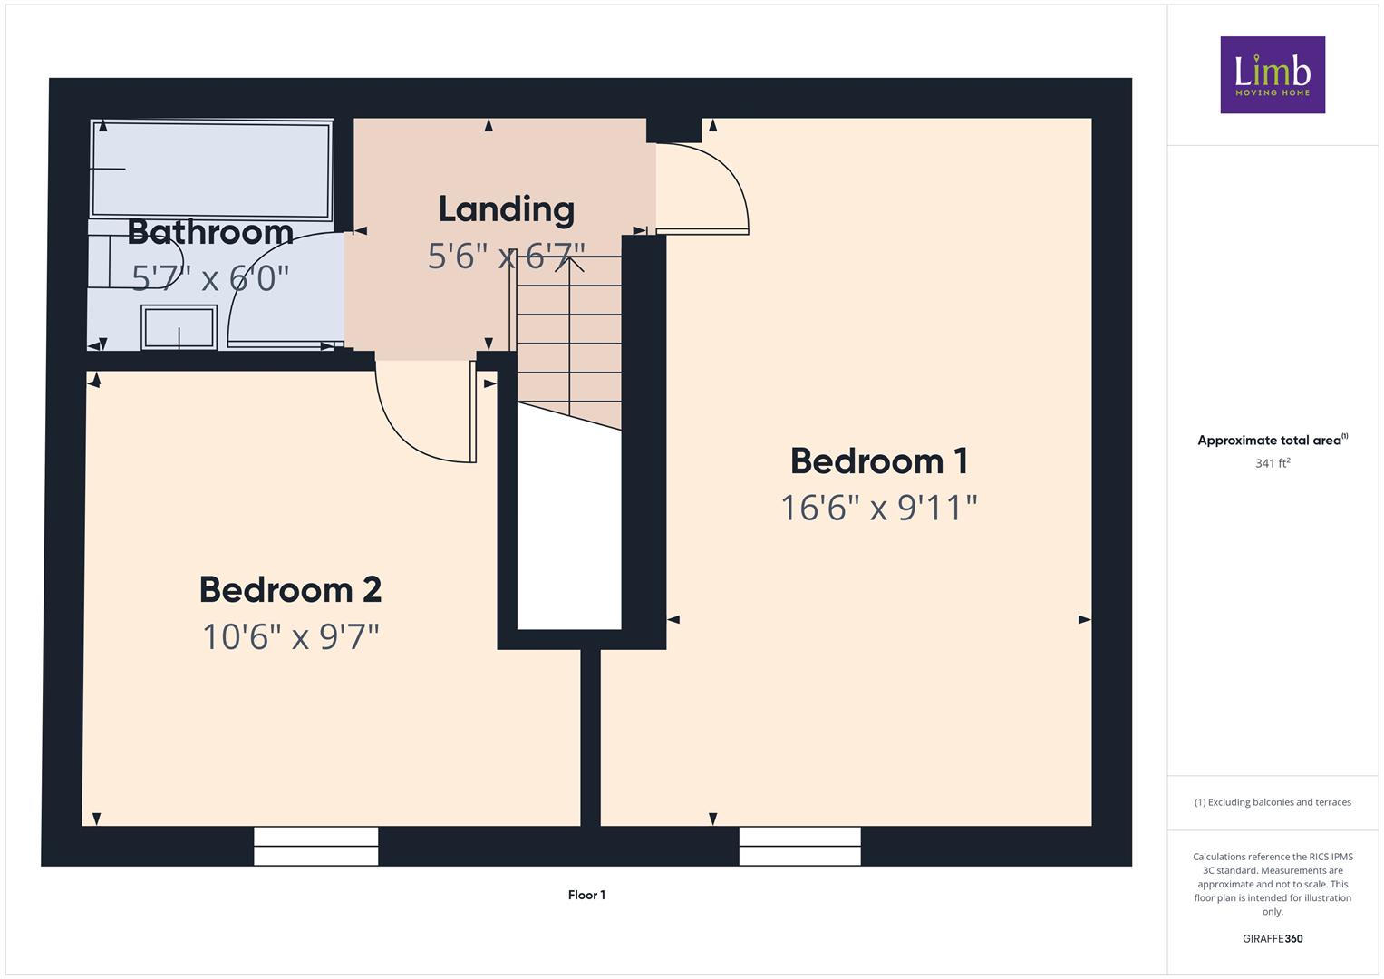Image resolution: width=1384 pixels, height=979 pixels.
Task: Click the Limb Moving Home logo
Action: (x=1273, y=74)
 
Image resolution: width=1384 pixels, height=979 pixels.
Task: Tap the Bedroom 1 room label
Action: (x=879, y=461)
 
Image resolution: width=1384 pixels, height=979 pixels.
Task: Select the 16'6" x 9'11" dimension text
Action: (x=879, y=508)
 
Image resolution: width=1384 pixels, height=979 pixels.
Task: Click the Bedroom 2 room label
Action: (x=290, y=589)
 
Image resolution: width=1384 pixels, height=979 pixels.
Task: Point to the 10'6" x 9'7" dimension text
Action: (x=290, y=636)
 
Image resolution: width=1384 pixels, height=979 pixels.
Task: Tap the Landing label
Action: (x=507, y=210)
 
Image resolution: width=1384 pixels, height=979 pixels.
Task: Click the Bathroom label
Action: (x=210, y=232)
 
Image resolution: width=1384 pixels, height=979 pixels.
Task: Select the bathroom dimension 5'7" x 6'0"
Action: (x=210, y=277)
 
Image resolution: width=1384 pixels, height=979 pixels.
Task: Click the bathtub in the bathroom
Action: (x=210, y=170)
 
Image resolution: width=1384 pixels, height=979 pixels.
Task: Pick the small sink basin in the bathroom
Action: (x=179, y=327)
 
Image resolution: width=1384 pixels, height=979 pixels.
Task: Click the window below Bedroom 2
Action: (x=315, y=846)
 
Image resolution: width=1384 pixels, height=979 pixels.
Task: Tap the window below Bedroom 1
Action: (x=799, y=846)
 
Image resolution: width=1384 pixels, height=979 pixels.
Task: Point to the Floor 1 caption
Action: (x=586, y=895)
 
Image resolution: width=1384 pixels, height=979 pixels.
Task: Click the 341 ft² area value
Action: (x=1273, y=463)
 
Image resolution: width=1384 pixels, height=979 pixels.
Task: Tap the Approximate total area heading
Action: (x=1273, y=440)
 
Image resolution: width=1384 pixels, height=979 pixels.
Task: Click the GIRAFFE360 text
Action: (x=1273, y=939)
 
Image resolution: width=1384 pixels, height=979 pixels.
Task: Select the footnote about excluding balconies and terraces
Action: (x=1273, y=802)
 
